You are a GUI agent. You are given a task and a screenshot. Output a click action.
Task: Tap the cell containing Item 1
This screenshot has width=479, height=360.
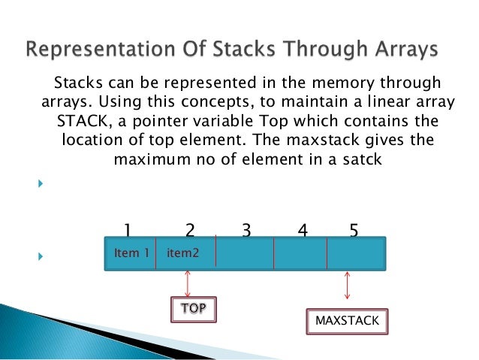pos(131,253)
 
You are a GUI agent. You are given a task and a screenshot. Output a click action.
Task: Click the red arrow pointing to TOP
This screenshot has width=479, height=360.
pos(188,283)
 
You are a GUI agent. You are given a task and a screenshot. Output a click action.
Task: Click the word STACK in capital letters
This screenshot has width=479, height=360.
pos(79,121)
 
